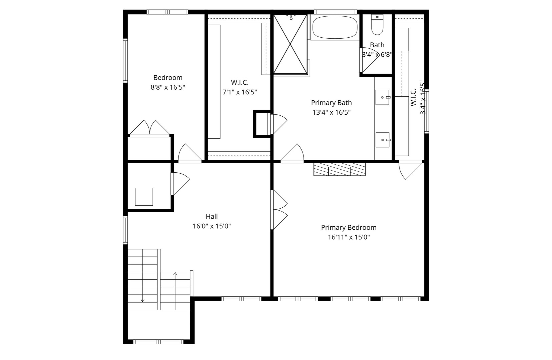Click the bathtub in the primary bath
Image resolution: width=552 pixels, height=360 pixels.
pyautogui.click(x=335, y=27)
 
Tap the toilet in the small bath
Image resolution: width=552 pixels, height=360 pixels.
pyautogui.click(x=377, y=25)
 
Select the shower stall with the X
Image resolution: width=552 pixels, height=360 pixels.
pyautogui.click(x=291, y=44)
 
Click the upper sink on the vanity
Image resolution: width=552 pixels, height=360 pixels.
pyautogui.click(x=383, y=97)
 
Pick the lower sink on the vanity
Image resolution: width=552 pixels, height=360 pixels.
pyautogui.click(x=383, y=140)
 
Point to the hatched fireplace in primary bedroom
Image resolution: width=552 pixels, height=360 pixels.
pyautogui.click(x=340, y=169)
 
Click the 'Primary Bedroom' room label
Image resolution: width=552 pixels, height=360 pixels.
pyautogui.click(x=349, y=228)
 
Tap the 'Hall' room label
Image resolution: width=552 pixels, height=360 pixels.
pyautogui.click(x=212, y=216)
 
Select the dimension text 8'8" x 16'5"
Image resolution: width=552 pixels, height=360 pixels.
pyautogui.click(x=168, y=87)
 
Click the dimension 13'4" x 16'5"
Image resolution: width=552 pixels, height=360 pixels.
pyautogui.click(x=332, y=112)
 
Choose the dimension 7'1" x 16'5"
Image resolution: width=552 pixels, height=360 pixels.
pyautogui.click(x=240, y=92)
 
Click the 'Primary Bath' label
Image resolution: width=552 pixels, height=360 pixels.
pyautogui.click(x=332, y=103)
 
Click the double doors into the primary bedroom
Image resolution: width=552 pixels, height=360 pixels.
pyautogui.click(x=279, y=210)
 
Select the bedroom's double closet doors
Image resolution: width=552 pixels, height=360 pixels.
pyautogui.click(x=150, y=128)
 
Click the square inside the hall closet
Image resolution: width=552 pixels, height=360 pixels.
pyautogui.click(x=144, y=196)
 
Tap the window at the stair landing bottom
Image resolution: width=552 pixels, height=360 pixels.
pyautogui.click(x=158, y=342)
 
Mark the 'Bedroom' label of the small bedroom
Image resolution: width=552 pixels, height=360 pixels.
pyautogui.click(x=168, y=78)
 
